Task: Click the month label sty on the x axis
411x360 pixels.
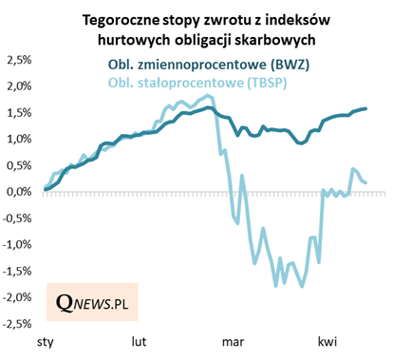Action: (x=44, y=340)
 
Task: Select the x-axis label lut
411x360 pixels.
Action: (x=139, y=340)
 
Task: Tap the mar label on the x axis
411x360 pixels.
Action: (x=233, y=340)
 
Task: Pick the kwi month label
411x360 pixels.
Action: (x=327, y=340)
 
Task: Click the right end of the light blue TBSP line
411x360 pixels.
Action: (x=367, y=182)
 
